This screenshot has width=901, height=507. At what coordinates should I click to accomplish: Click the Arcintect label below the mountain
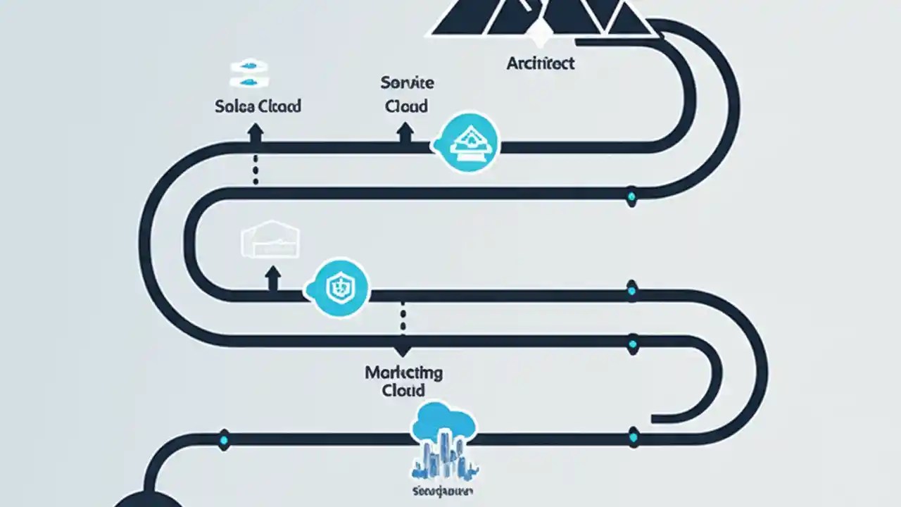click(x=541, y=63)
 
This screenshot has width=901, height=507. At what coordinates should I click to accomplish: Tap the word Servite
click(x=407, y=83)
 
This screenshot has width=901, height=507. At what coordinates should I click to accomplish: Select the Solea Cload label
click(x=258, y=106)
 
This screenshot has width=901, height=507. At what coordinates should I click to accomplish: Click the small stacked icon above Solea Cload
click(x=251, y=74)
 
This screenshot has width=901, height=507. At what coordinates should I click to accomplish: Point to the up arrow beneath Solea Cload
click(x=256, y=132)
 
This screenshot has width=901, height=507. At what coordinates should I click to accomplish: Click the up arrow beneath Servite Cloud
click(x=405, y=132)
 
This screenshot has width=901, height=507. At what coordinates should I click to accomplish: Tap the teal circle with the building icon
click(x=467, y=144)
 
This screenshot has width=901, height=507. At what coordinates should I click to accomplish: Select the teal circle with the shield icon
click(x=340, y=287)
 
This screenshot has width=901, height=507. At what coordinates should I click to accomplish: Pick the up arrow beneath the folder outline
click(x=272, y=277)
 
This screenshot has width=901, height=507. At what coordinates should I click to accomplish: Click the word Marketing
click(x=403, y=373)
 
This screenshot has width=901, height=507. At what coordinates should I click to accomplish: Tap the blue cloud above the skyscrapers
click(x=443, y=420)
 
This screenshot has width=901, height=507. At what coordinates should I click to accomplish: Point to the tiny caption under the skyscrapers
click(x=443, y=488)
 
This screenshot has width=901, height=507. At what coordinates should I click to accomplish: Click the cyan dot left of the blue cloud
click(x=225, y=440)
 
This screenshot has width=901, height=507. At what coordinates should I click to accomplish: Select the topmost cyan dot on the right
click(x=631, y=196)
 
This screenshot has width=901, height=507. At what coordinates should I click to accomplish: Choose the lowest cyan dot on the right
click(x=632, y=438)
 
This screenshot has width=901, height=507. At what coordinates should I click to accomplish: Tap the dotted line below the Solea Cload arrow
click(x=256, y=170)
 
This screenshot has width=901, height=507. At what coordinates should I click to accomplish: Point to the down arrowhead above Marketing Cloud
click(x=403, y=349)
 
